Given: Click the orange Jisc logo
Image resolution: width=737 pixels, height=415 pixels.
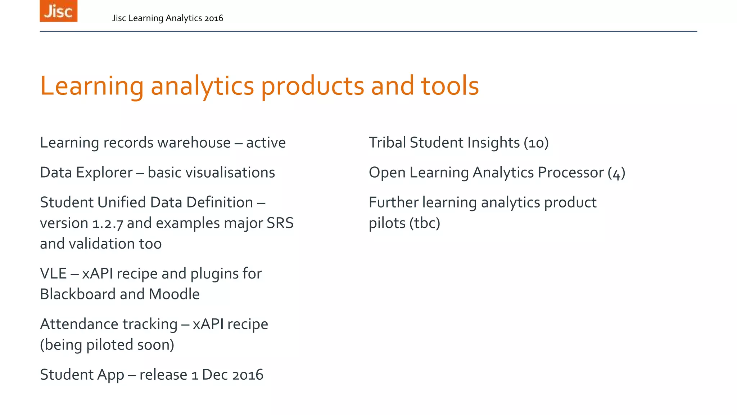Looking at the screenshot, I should click(58, 11).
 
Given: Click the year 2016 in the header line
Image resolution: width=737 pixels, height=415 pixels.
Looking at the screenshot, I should click(213, 18).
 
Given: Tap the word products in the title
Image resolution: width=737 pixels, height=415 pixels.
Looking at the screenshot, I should click(312, 86).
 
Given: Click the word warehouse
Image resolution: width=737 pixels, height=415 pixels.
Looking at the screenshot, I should click(194, 143).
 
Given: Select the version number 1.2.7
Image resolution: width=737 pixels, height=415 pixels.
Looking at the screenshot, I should click(108, 224).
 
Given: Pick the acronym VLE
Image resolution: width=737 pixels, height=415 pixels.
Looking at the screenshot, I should click(53, 274).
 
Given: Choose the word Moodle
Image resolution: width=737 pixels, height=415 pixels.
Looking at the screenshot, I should click(174, 294).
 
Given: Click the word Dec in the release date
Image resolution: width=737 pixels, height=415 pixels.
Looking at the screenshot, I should click(214, 375).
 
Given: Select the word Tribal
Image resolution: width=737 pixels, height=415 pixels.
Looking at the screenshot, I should click(387, 143).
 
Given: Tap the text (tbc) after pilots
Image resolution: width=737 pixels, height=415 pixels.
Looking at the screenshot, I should click(425, 223).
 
